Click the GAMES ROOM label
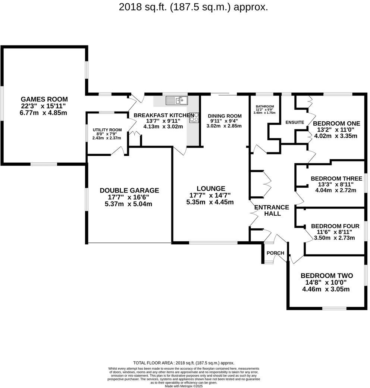(x=44, y=99)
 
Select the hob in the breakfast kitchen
(x=194, y=118)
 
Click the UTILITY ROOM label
(x=107, y=130)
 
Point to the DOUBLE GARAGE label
(x=129, y=190)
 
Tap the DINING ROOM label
(x=225, y=116)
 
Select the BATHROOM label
(x=265, y=106)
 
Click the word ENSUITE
(x=295, y=122)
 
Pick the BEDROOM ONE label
(x=336, y=123)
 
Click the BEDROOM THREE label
(x=336, y=178)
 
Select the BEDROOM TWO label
(x=326, y=276)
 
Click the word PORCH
(x=275, y=253)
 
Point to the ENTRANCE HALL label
(x=272, y=210)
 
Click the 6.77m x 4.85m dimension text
(x=44, y=112)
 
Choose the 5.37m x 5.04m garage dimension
(x=129, y=204)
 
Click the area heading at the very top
(x=193, y=7)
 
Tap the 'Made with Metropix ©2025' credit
(x=184, y=386)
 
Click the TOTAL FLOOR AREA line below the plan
(x=184, y=363)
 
